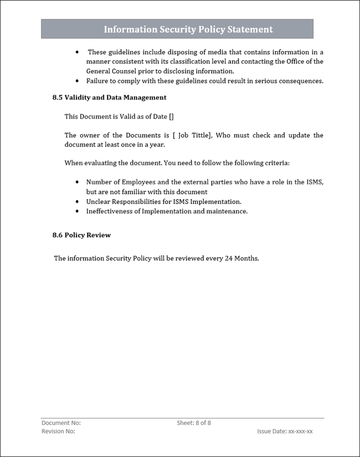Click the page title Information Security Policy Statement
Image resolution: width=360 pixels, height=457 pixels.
pyautogui.click(x=188, y=29)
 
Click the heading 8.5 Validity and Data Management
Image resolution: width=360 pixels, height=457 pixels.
pyautogui.click(x=109, y=97)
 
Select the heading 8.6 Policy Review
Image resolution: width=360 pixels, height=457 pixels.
pyautogui.click(x=81, y=235)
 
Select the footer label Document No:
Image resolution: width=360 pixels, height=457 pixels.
pyautogui.click(x=61, y=423)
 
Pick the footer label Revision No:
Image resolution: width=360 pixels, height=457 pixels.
pyautogui.click(x=58, y=431)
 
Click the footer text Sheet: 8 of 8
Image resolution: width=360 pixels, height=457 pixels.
pyautogui.click(x=194, y=423)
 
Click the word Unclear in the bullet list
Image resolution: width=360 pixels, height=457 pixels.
pyautogui.click(x=98, y=201)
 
